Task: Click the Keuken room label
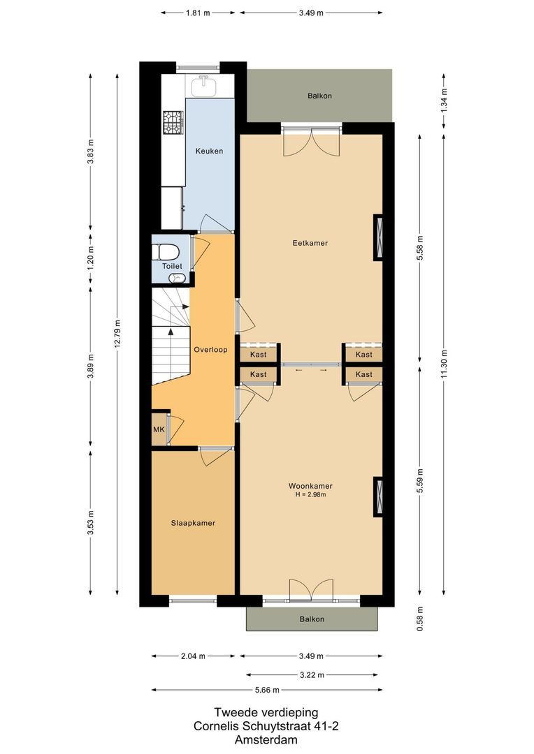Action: (209, 151)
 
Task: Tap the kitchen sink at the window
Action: (204, 84)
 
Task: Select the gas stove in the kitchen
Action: (173, 123)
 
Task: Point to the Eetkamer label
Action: (310, 243)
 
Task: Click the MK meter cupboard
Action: (159, 429)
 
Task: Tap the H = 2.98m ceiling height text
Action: (310, 495)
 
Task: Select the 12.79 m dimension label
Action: (117, 337)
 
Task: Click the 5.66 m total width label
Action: (266, 690)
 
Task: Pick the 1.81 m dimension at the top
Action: (197, 13)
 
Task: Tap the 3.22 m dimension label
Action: (310, 675)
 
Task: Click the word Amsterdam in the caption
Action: (266, 739)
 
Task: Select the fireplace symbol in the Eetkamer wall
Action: (379, 237)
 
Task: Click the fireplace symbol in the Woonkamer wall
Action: (379, 496)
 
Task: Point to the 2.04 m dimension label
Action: (193, 656)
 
